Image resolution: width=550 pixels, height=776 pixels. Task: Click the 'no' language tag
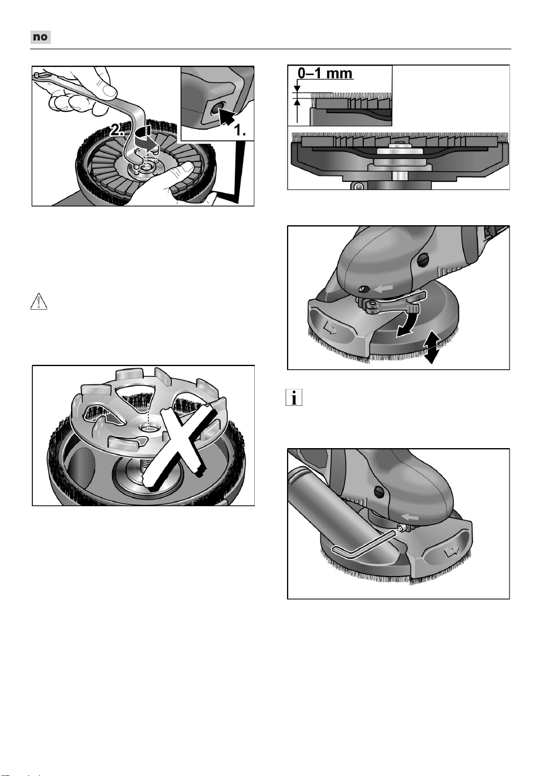point(41,37)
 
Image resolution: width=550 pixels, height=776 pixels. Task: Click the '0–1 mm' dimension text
point(325,73)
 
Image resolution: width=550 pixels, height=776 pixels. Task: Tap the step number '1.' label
point(240,130)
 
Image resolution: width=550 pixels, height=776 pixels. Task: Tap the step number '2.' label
point(117,131)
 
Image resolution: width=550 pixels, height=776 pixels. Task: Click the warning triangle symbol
point(39,301)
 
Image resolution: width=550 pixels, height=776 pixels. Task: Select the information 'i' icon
point(294,397)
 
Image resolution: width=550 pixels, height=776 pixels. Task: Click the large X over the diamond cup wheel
point(180,447)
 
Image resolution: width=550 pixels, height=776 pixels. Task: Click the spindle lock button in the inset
point(215,109)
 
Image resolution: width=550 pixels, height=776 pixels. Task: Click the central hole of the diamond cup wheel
point(149,429)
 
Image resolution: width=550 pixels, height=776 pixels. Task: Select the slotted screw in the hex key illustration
point(380,492)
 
